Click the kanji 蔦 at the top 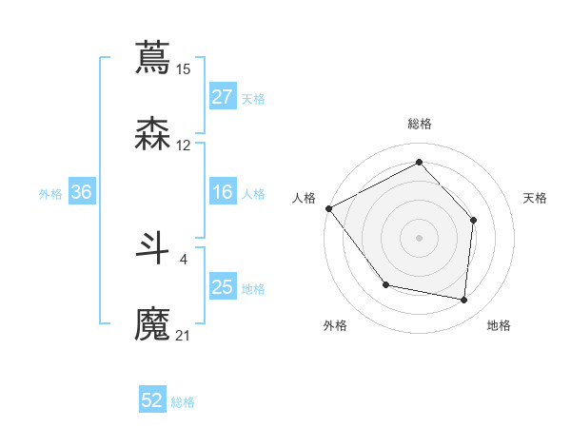(x=152, y=56)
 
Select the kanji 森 (x=152, y=133)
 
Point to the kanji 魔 (x=152, y=323)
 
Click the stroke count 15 (x=184, y=68)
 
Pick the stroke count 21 (x=184, y=335)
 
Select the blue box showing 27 (x=223, y=97)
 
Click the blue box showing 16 (x=223, y=193)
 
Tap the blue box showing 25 (x=223, y=287)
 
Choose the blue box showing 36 (x=82, y=193)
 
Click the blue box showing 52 (x=152, y=400)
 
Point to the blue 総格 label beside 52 (x=183, y=402)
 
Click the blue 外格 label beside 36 (x=50, y=194)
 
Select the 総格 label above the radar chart (x=420, y=124)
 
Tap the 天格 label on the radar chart (x=536, y=198)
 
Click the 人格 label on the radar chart (x=304, y=198)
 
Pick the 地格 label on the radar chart (x=499, y=325)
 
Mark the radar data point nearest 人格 (x=329, y=208)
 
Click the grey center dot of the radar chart (x=419, y=237)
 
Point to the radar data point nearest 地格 (x=463, y=301)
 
